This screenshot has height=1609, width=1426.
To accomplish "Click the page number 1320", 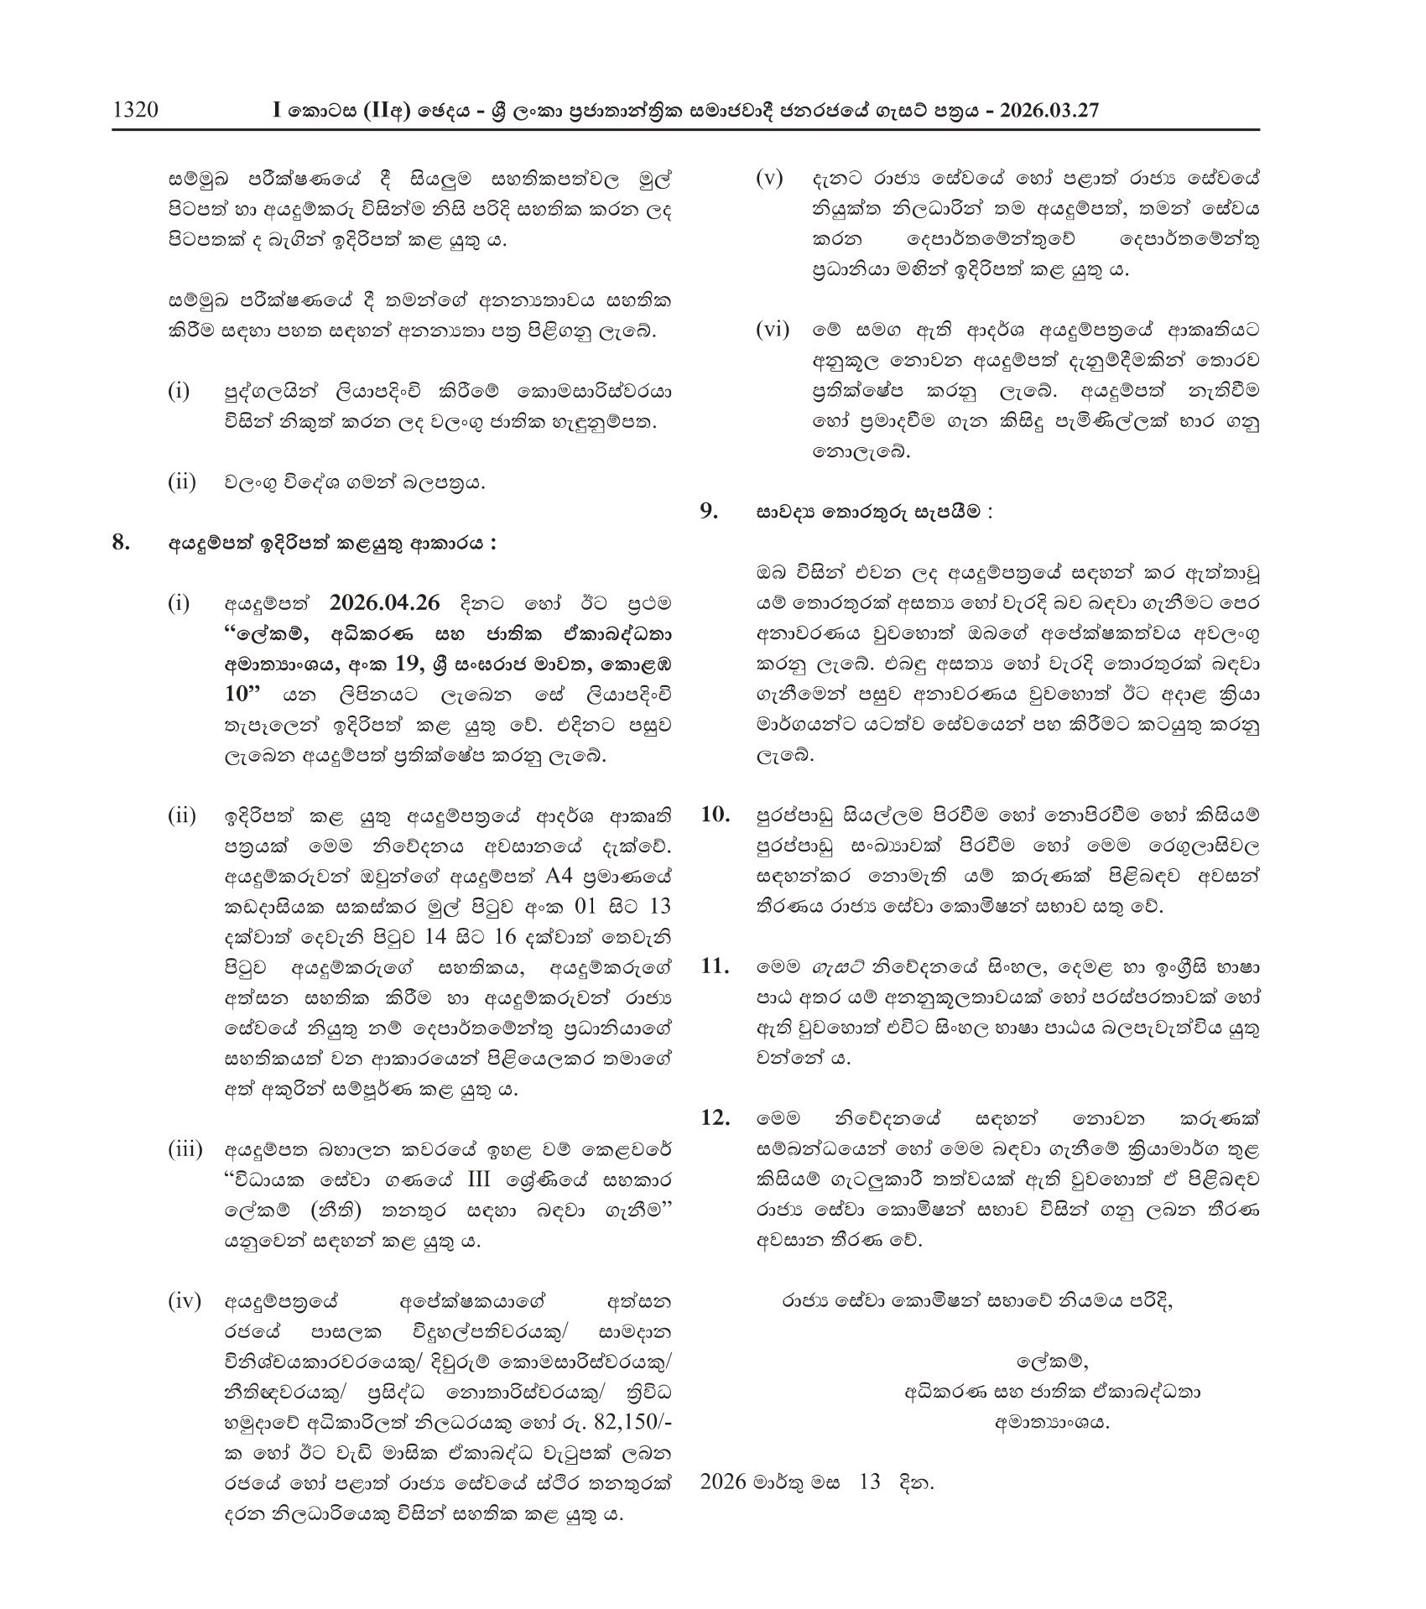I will pos(135,111).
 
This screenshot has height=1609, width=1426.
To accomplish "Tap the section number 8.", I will pos(122,542).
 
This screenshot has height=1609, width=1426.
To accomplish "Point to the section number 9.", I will pos(710,511).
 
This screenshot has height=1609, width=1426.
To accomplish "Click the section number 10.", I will pos(715,814).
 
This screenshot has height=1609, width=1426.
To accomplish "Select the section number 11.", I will pos(715,966).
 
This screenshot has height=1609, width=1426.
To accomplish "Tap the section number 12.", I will pos(715,1118).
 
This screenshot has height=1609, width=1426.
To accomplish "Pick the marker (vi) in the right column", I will pos(773,330).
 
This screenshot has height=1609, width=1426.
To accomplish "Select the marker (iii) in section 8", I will pos(185,1149).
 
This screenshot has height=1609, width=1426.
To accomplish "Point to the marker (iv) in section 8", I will pos(185,1301).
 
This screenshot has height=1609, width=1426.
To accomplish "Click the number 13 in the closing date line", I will pos(870,1481).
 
